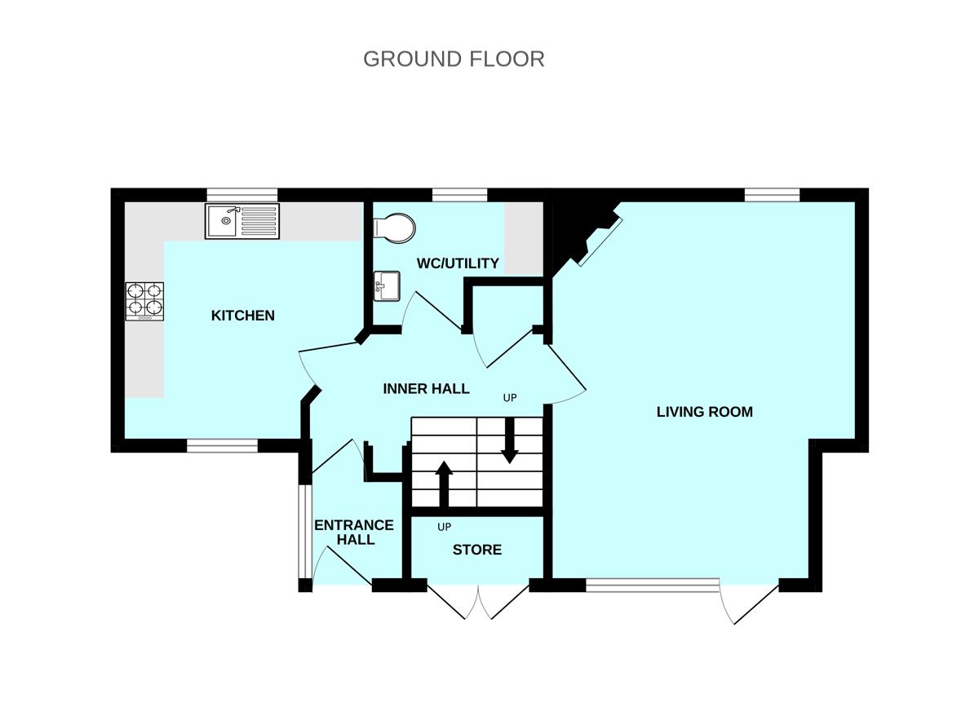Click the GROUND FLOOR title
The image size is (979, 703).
[x=454, y=60]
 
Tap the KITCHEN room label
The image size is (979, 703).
[x=243, y=316]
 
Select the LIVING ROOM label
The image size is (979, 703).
[x=704, y=412]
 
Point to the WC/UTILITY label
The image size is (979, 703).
[x=458, y=263]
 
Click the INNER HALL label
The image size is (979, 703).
[x=426, y=389]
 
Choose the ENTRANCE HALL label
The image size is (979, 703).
[x=354, y=533]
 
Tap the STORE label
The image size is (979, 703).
[x=477, y=550]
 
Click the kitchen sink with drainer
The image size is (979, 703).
[x=242, y=221]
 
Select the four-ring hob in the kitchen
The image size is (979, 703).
[x=144, y=301]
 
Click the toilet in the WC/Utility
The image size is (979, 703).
[x=394, y=227]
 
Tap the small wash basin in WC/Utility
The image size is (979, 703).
[x=385, y=286]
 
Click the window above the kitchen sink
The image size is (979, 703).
[x=241, y=194]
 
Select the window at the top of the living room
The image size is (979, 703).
[x=772, y=194]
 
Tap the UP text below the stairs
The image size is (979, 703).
[x=445, y=527]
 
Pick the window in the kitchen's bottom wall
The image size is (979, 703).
[x=222, y=445]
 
